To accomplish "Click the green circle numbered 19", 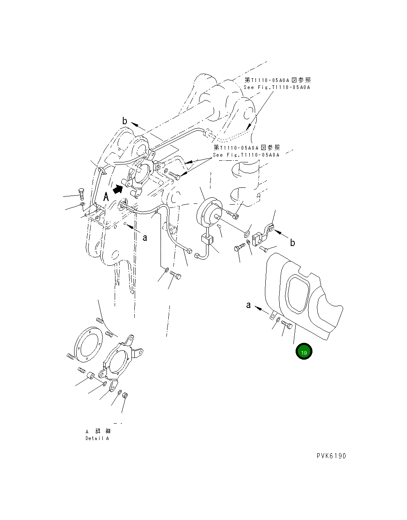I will pos(304,352).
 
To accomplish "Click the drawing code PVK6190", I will pos(331,456).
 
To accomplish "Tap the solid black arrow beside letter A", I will pos(118,188).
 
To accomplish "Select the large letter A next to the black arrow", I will pos(106,197).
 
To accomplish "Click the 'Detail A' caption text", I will pos(97,438).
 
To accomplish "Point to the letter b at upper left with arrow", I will pos(125,121).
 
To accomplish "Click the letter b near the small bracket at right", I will pos(292,243).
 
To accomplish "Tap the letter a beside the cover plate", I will pos(248,305).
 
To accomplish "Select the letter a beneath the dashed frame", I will pos(145,237).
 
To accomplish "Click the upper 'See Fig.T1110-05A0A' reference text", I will pos(277,87).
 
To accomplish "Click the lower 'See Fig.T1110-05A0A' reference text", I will pos(246,155).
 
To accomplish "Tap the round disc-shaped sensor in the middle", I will pos(210,212).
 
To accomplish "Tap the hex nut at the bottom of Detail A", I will pos(125,395).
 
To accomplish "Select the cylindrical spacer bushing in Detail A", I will pos(92,375).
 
